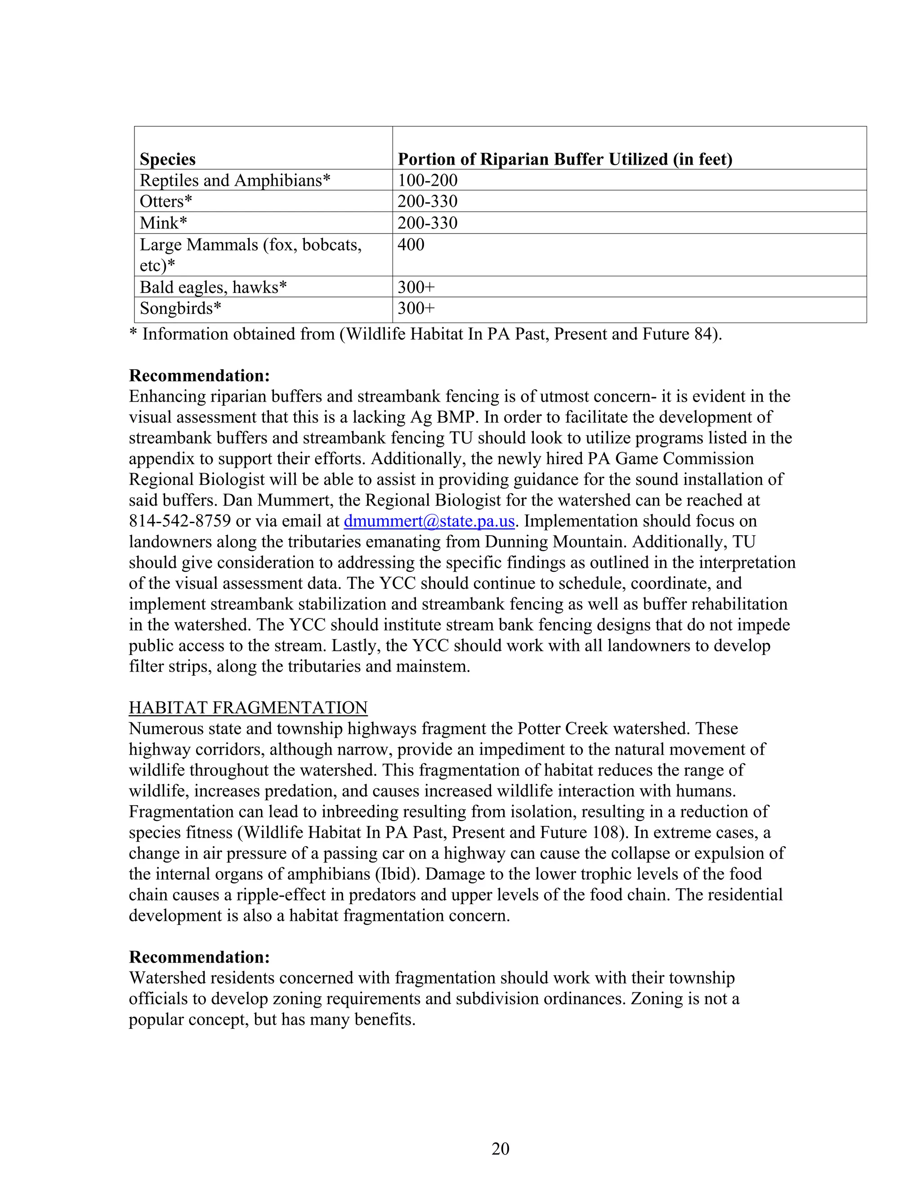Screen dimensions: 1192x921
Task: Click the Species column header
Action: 167,159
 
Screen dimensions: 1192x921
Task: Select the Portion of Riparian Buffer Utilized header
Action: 565,159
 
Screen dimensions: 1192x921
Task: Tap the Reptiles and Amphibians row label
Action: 235,180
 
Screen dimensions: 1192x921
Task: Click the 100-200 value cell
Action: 427,180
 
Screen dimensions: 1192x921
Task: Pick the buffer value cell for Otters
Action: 427,202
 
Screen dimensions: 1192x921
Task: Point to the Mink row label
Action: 163,223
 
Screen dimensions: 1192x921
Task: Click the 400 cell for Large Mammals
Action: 411,245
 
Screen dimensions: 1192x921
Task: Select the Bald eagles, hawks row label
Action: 213,287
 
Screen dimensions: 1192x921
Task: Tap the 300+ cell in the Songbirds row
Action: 416,309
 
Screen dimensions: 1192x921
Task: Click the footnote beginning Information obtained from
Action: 425,334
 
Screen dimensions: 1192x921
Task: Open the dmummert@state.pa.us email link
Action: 429,521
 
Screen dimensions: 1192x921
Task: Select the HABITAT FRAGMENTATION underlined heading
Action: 248,708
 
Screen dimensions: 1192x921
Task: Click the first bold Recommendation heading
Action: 199,376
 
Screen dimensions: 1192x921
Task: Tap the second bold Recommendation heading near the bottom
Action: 199,957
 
